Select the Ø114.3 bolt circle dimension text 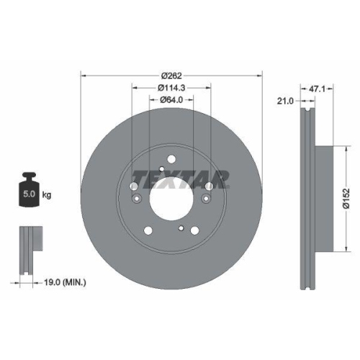click(171, 88)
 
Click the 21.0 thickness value click(284, 101)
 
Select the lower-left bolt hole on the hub click(148, 231)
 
